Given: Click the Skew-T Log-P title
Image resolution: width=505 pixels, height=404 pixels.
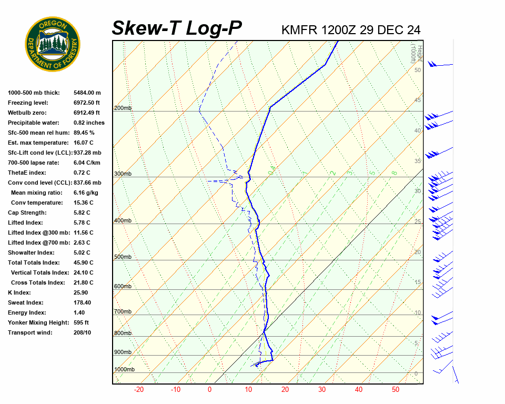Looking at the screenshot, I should tap(177, 28).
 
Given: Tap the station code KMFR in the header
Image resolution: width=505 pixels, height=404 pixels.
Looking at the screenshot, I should tap(300, 30).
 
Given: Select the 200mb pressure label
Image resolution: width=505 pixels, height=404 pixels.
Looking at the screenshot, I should tap(123, 108).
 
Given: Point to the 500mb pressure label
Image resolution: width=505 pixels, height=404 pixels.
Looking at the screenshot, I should tap(123, 257).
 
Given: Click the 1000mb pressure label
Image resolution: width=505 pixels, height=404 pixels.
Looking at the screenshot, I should tap(124, 370).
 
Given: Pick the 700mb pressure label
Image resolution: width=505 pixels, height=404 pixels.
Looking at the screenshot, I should tap(123, 312).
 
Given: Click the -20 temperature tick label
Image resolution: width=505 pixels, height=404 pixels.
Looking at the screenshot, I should tap(139, 390).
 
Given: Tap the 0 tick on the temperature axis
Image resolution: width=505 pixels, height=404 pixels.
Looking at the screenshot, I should tap(209, 390).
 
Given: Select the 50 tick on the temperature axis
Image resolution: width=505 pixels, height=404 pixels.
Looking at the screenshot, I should tap(396, 390).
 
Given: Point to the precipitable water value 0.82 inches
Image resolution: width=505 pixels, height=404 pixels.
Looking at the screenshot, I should tap(89, 123).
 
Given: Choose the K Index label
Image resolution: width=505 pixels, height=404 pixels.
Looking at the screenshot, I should tap(20, 292).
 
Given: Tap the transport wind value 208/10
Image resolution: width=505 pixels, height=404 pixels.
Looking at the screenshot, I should tap(82, 332).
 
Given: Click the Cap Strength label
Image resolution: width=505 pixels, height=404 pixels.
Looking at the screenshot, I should tap(27, 213).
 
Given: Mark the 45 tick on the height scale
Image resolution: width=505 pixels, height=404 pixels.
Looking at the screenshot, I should tap(418, 100).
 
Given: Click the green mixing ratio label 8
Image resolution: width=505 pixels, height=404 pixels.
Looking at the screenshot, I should tap(394, 173).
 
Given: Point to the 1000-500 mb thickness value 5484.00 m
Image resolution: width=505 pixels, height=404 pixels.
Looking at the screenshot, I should tap(87, 93).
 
